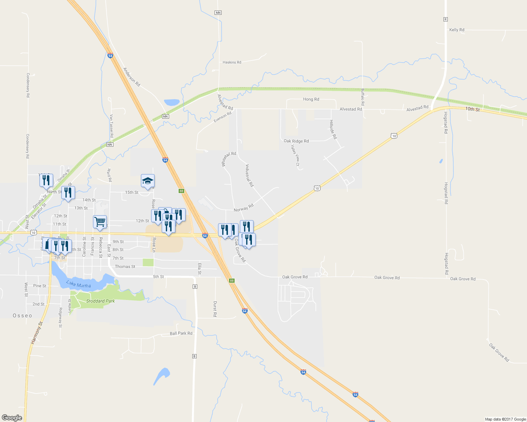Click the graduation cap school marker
click(x=148, y=181)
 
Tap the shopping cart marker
click(x=100, y=222)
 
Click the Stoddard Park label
click(x=100, y=301)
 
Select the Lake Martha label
click(x=79, y=284)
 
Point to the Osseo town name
click(x=23, y=315)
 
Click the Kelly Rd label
click(x=457, y=30)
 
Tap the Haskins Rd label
click(x=232, y=62)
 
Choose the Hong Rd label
click(x=311, y=99)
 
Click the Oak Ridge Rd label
click(x=296, y=141)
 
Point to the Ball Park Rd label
click(x=181, y=333)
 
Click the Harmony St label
click(x=36, y=333)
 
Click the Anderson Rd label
click(x=131, y=77)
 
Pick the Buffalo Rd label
click(x=362, y=97)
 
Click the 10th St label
click(x=472, y=109)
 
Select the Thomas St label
click(x=125, y=267)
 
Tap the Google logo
click(x=12, y=417)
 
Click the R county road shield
click(x=446, y=19)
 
